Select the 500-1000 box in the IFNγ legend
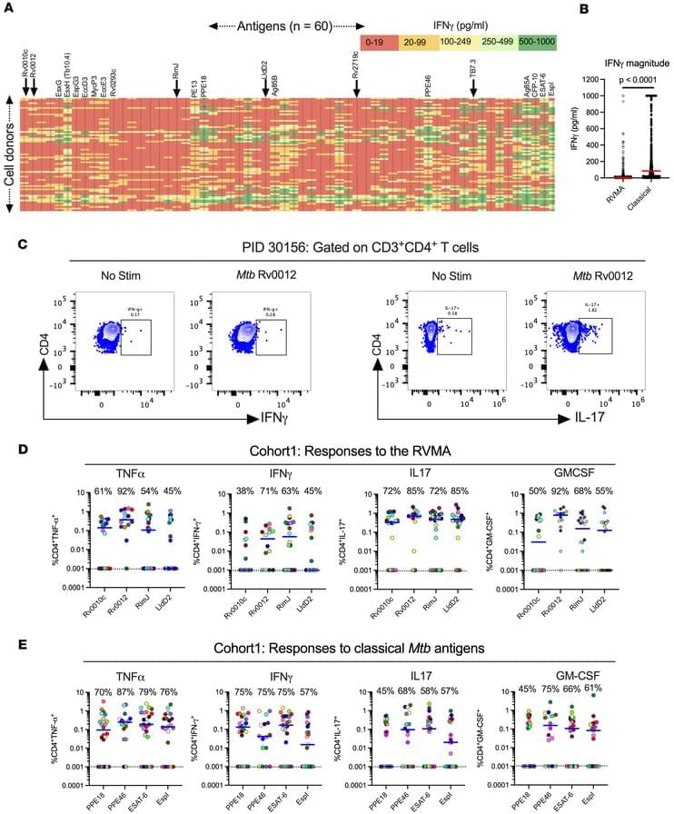[x=538, y=42]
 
